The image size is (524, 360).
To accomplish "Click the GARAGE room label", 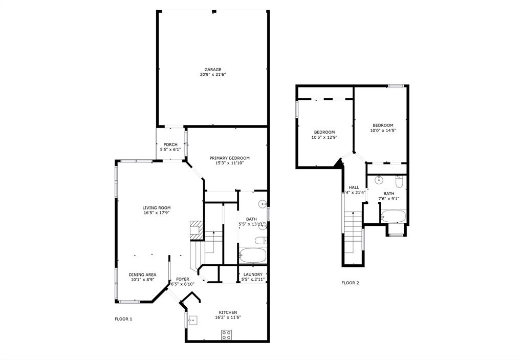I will pos(212,70).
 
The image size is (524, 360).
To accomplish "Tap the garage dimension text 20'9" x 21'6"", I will pos(212,75).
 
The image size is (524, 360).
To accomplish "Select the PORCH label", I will pos(170,145).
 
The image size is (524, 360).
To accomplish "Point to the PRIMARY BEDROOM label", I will pos(229,158).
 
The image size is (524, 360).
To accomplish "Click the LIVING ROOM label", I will pos(156,207).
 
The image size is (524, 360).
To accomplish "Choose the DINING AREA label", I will pos(142,275).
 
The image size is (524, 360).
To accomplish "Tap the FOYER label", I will pos(183,279).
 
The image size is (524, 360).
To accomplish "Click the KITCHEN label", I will pos(228,312).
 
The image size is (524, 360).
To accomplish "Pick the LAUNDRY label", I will pos(253,274).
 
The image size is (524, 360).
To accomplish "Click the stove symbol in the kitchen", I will pos(226,335).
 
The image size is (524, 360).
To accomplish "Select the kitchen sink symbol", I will pos(192,321).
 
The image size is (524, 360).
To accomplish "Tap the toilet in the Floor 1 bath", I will pos(260,241).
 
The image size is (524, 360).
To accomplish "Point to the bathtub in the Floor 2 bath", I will pos(393,217).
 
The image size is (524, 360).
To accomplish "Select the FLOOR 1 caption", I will pos(123,319).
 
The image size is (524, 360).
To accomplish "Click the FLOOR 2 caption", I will pos(350,283).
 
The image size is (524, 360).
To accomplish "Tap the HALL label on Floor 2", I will pos(354,187).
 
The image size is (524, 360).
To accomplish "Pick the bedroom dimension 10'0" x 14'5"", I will pos(383,131).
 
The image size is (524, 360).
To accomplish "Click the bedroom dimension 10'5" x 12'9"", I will pos(324,137).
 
